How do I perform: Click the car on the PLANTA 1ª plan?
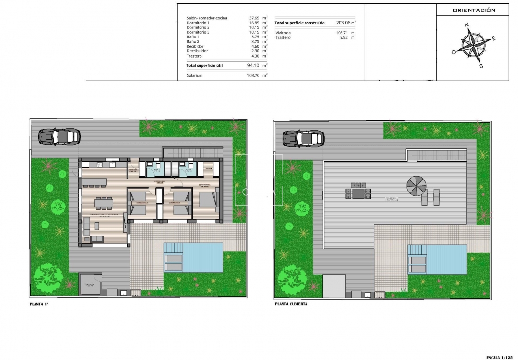tap(59, 137)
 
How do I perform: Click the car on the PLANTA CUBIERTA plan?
tap(303, 138)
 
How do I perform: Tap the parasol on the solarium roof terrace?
tap(416, 184)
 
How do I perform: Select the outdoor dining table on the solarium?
tap(358, 193)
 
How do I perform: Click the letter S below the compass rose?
tap(481, 66)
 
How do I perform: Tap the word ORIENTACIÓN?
tap(474, 10)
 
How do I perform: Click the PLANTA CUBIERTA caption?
tap(291, 304)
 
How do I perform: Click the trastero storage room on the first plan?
tap(90, 285)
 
